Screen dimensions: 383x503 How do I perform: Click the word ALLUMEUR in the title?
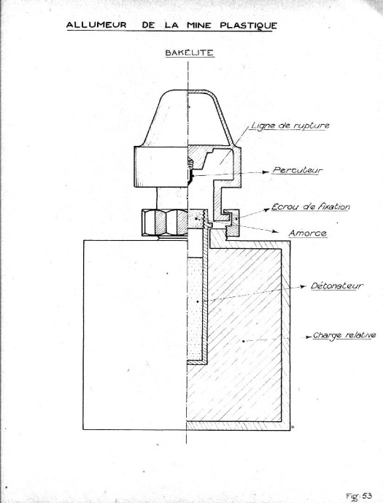pyautogui.click(x=96, y=25)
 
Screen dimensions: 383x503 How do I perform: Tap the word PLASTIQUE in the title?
pyautogui.click(x=248, y=26)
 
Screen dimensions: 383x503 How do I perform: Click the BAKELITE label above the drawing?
pyautogui.click(x=190, y=53)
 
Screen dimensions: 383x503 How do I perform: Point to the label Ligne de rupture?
pyautogui.click(x=290, y=125)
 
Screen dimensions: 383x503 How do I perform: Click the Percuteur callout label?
pyautogui.click(x=297, y=170)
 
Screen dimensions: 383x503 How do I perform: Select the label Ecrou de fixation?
pyautogui.click(x=310, y=207)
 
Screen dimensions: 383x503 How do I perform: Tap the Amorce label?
pyautogui.click(x=308, y=233)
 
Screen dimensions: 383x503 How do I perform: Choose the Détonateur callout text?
pyautogui.click(x=336, y=285)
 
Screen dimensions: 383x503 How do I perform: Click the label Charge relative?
pyautogui.click(x=344, y=335)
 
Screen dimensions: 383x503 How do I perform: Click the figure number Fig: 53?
pyautogui.click(x=359, y=496)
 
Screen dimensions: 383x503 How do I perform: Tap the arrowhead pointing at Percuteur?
pyautogui.click(x=266, y=172)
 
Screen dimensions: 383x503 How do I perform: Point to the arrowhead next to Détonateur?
pyautogui.click(x=303, y=287)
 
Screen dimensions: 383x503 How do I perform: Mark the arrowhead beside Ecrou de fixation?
pyautogui.click(x=267, y=210)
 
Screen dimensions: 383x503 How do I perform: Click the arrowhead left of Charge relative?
pyautogui.click(x=308, y=337)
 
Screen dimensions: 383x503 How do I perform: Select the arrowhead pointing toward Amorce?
pyautogui.click(x=275, y=231)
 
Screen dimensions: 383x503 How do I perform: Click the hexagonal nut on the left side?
pyautogui.click(x=164, y=223)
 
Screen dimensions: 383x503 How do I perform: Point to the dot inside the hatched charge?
pyautogui.click(x=244, y=341)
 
